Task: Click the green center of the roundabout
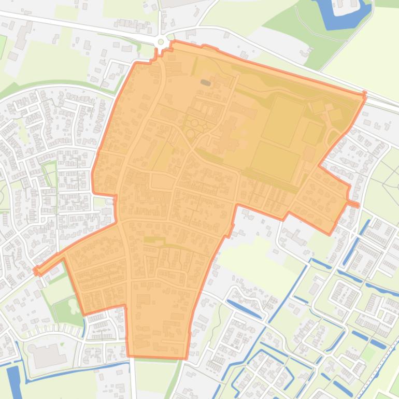(x=161, y=42)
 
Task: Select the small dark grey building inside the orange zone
(x=206, y=82)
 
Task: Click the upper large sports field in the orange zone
(x=283, y=121)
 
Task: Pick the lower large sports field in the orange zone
(x=275, y=161)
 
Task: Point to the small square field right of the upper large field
(x=312, y=133)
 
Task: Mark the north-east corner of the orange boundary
(x=364, y=95)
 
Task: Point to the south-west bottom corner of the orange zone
(x=129, y=356)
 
